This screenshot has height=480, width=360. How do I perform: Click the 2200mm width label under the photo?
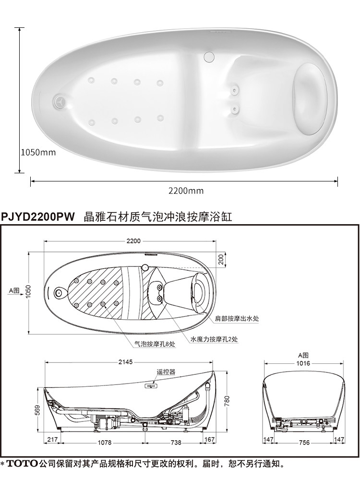click(x=186, y=191)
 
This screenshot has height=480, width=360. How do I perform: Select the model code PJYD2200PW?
click(x=39, y=217)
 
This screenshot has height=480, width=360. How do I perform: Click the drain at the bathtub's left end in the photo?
click(x=60, y=101)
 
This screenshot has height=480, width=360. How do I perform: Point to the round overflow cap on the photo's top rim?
click(x=208, y=56)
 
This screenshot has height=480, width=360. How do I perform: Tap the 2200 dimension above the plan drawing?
click(x=134, y=240)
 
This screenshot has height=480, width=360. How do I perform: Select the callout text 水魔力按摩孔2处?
click(x=214, y=339)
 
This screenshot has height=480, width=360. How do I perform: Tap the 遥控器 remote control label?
click(x=166, y=372)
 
